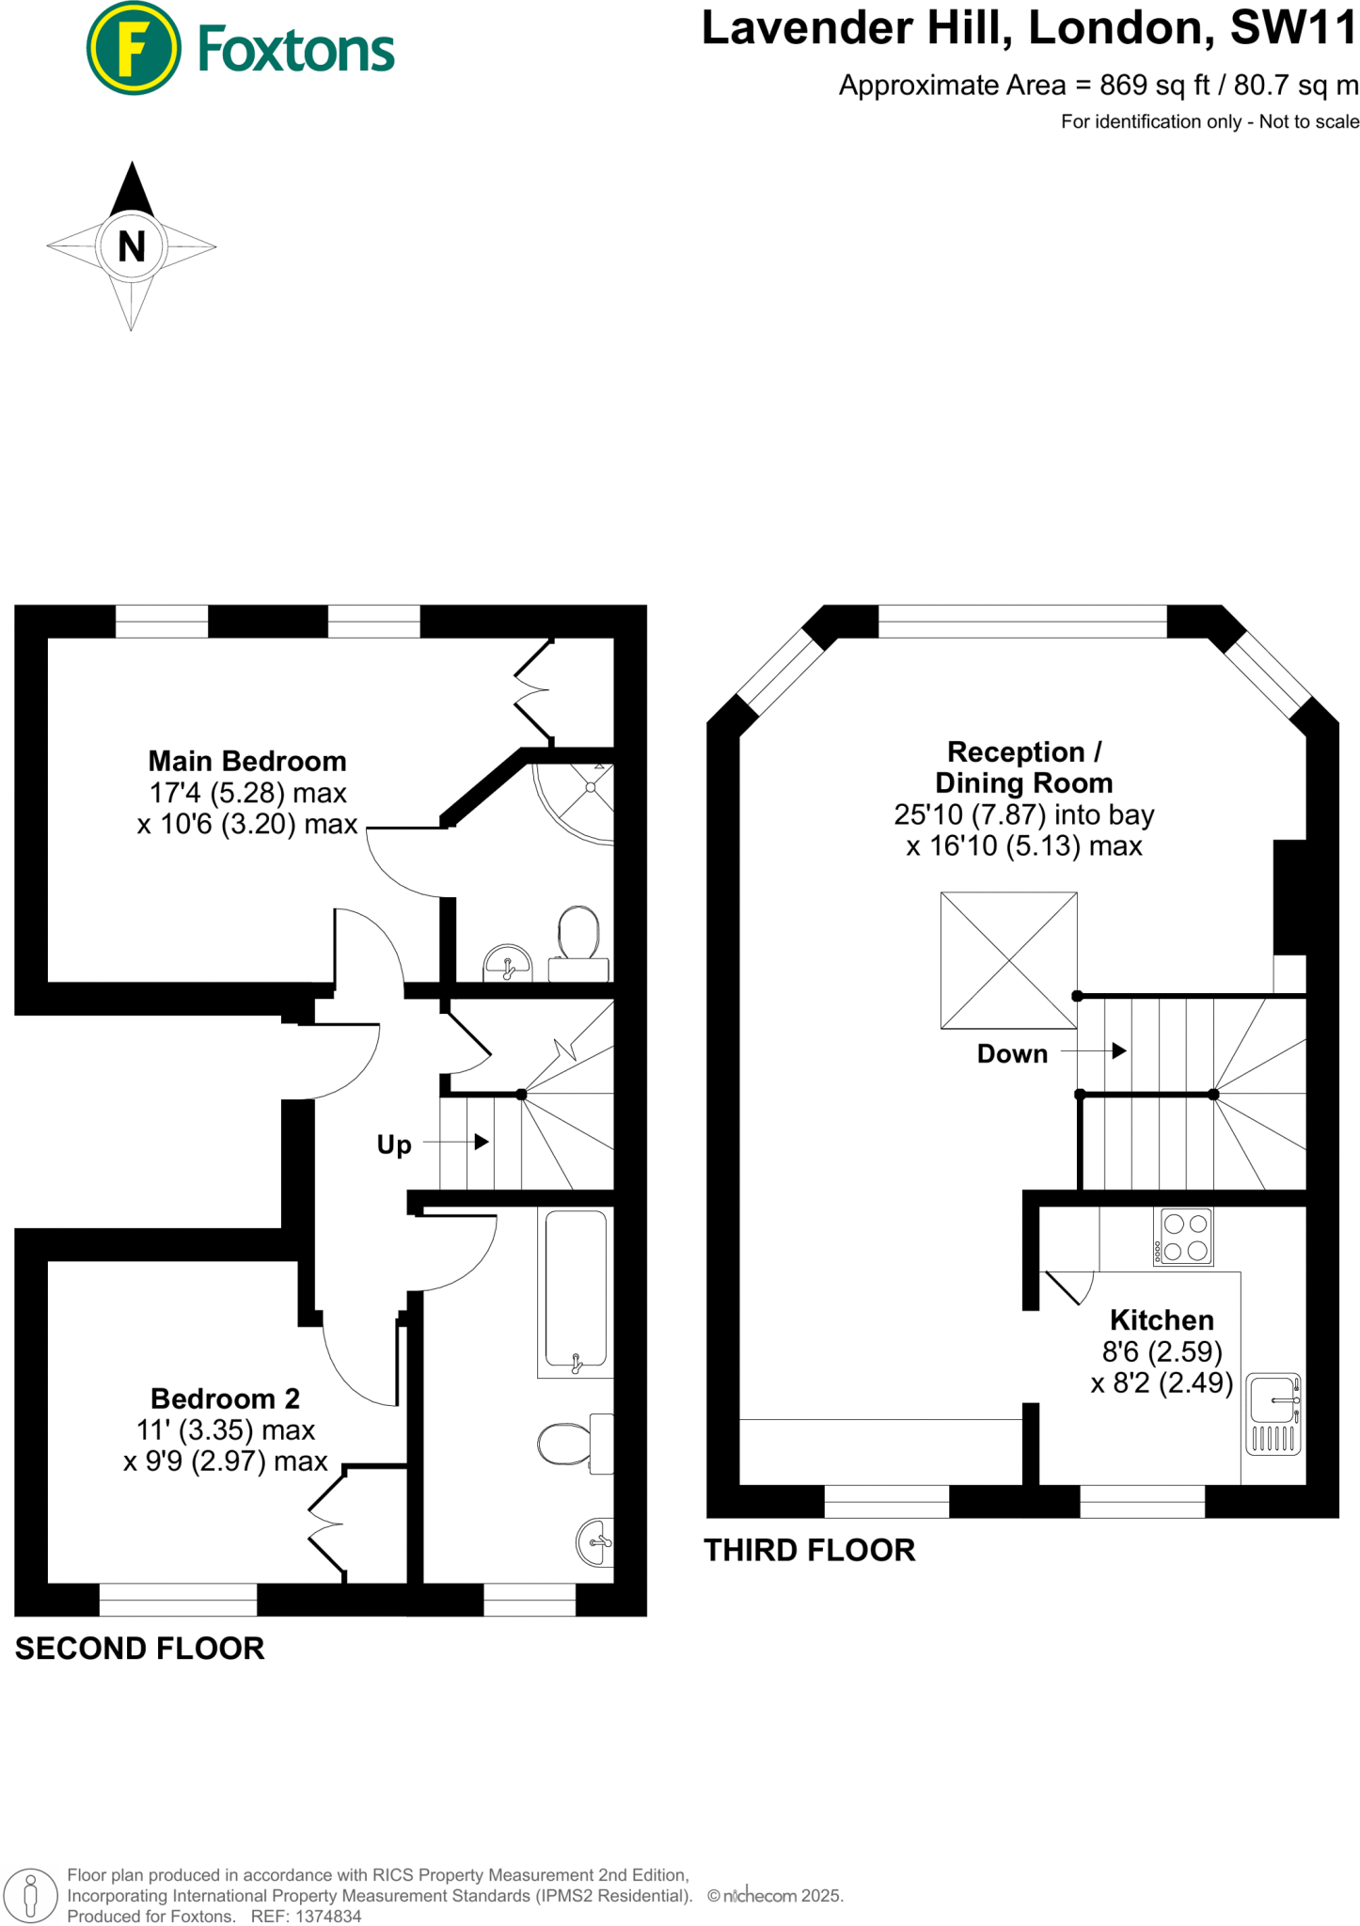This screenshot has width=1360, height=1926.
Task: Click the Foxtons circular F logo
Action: [134, 49]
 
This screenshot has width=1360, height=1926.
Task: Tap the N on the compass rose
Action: [132, 247]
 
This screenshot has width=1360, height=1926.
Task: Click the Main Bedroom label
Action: [247, 761]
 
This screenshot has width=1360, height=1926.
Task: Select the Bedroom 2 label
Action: [225, 1398]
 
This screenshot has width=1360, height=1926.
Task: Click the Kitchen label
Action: [1162, 1319]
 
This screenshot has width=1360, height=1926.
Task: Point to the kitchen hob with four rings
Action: [1185, 1237]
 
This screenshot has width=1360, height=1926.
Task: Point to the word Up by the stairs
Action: [394, 1145]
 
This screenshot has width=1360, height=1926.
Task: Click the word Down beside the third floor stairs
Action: [1012, 1053]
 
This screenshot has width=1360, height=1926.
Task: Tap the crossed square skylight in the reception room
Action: [1008, 960]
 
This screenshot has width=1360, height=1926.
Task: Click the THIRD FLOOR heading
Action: [809, 1550]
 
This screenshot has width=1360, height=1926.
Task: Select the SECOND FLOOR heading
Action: [139, 1648]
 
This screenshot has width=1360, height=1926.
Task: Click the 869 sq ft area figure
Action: [1155, 86]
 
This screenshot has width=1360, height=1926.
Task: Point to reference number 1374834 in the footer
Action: [328, 1916]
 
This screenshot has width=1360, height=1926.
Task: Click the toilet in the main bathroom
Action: [569, 1444]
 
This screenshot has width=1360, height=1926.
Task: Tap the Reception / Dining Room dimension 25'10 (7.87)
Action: [970, 814]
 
